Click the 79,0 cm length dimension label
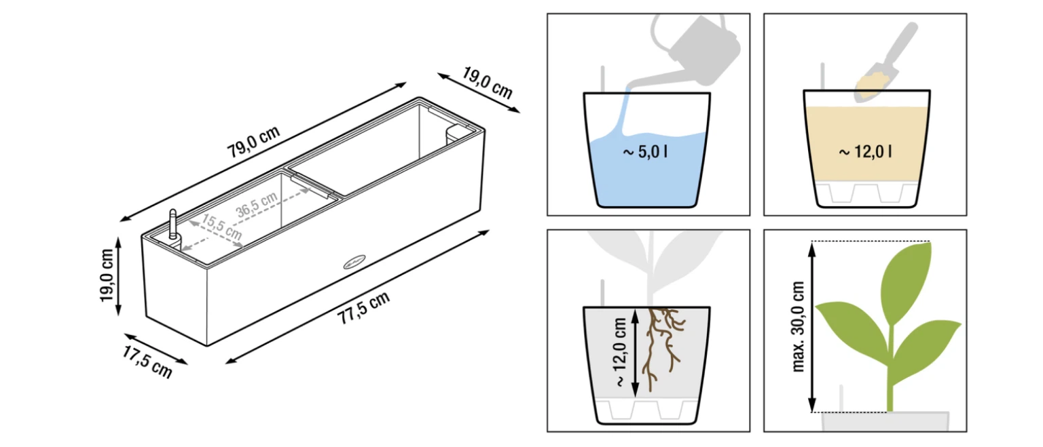tap(253, 141)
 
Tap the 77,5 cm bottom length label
tap(363, 307)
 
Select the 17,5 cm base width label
tap(147, 362)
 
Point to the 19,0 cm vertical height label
tap(107, 275)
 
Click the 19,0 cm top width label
tap(488, 83)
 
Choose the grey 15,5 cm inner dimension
tap(221, 227)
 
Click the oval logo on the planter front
tap(354, 262)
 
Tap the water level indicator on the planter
tap(172, 225)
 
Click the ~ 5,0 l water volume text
tap(645, 152)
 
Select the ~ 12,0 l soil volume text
tap(865, 152)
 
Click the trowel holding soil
tap(885, 63)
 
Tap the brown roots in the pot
tap(663, 347)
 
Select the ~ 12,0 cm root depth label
tap(621, 352)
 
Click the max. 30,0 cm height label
tap(798, 326)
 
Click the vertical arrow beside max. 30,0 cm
tap(812, 327)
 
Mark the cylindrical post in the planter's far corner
tap(453, 134)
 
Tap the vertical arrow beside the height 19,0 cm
tap(118, 276)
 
